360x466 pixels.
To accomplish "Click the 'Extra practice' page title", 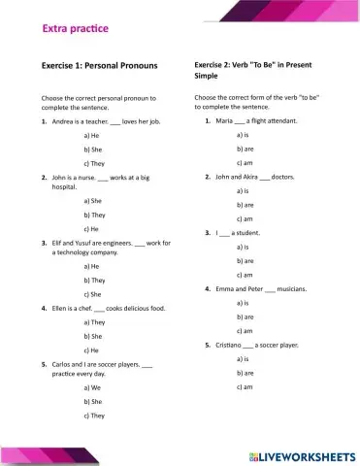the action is click(x=76, y=30).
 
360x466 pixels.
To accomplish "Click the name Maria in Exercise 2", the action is click(x=224, y=120).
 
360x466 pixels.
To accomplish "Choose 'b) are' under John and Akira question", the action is click(x=245, y=206).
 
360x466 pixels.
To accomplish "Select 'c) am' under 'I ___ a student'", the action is click(x=245, y=275).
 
